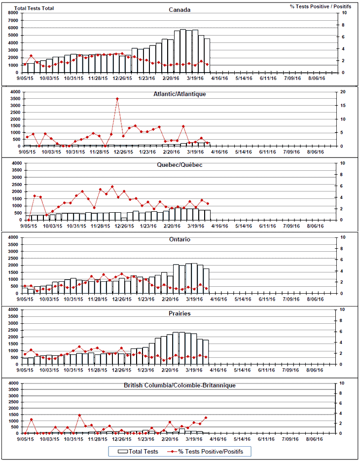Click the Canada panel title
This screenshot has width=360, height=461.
pyautogui.click(x=180, y=9)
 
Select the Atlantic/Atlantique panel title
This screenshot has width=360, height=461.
pyautogui.click(x=180, y=93)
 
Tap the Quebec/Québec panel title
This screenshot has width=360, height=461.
pyautogui.click(x=180, y=165)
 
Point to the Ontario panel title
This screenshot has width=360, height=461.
pyautogui.click(x=180, y=239)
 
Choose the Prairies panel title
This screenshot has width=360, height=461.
pyautogui.click(x=180, y=313)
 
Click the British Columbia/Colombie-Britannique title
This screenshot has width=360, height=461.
pyautogui.click(x=180, y=385)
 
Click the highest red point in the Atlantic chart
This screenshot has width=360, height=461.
pyautogui.click(x=117, y=99)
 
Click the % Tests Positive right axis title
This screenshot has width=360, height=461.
pyautogui.click(x=321, y=6)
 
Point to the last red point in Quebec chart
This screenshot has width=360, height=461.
pyautogui.click(x=208, y=203)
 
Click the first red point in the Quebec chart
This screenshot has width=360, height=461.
pyautogui.click(x=29, y=219)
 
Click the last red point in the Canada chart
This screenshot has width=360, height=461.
pyautogui.click(x=207, y=65)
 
